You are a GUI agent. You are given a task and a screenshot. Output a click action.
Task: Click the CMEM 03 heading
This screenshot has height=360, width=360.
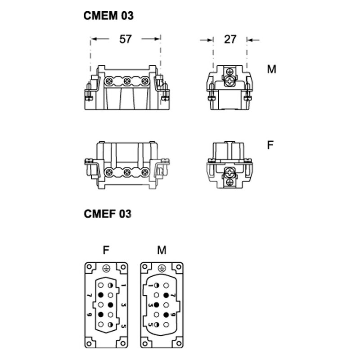click(108, 16)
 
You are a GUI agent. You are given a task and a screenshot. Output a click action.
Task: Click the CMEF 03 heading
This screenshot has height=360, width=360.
click(108, 214)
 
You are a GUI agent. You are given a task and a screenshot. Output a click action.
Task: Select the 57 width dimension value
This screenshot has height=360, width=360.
click(126, 39)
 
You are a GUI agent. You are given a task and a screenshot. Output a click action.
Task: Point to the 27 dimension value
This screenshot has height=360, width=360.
click(230, 40)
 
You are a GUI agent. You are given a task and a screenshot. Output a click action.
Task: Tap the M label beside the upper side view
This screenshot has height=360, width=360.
click(271, 69)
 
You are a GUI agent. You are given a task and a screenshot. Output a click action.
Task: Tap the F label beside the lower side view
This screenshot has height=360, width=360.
click(270, 145)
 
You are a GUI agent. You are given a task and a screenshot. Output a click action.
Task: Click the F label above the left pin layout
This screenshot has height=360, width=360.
click(106, 250)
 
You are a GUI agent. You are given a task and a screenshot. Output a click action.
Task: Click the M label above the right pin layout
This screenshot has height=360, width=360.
click(162, 250)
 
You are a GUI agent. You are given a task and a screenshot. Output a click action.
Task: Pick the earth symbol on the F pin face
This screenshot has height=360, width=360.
click(106, 268)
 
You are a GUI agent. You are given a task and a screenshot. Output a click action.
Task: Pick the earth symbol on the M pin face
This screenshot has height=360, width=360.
click(162, 268)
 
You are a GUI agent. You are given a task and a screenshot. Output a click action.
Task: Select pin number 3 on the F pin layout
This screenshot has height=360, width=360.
click(124, 305)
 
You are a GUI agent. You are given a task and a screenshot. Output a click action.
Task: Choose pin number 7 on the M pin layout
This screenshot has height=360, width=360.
click(173, 295)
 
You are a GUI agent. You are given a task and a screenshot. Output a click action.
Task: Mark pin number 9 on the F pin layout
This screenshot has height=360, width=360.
click(89, 314)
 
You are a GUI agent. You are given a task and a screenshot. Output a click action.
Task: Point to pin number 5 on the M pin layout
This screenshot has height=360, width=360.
click(151, 324)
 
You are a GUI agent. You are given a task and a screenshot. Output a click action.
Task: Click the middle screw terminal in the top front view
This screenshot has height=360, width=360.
click(126, 81)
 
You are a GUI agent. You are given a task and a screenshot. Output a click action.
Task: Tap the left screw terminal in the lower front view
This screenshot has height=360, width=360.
click(108, 172)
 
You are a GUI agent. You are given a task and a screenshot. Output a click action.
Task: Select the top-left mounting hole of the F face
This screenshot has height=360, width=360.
click(89, 267)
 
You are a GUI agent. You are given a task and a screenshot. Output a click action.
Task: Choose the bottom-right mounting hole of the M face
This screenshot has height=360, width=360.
click(179, 343)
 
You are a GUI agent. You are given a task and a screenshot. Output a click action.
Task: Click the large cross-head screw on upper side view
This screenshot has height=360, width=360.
click(229, 81)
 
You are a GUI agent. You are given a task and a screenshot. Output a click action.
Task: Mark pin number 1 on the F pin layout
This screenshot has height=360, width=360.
click(124, 285)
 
